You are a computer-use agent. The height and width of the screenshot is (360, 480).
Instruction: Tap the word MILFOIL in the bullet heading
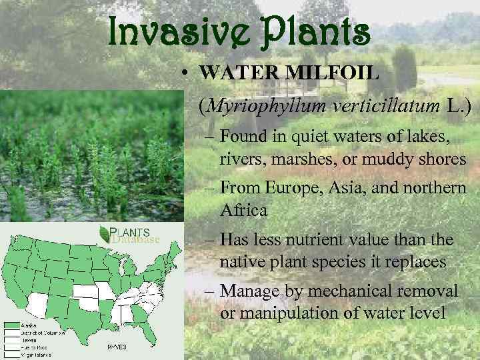pos(333,72)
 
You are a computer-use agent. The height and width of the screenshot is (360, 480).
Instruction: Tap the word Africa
pos(243,210)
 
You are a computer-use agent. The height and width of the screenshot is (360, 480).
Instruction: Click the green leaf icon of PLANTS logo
pos(104,233)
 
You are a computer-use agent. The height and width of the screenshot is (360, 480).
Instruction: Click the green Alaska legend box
pos(11,326)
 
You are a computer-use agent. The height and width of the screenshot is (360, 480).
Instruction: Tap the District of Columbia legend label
pos(44,333)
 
